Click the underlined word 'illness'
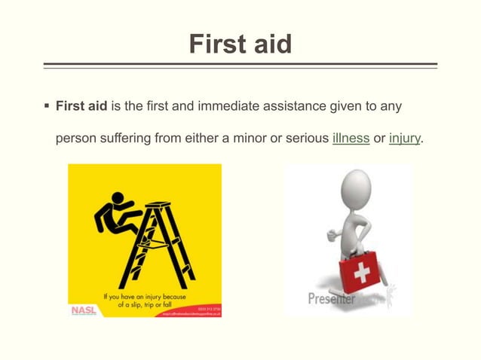click(351, 139)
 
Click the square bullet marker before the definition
click(47, 106)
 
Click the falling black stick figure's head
click(117, 200)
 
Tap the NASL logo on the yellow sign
click(84, 309)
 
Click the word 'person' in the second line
click(75, 139)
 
